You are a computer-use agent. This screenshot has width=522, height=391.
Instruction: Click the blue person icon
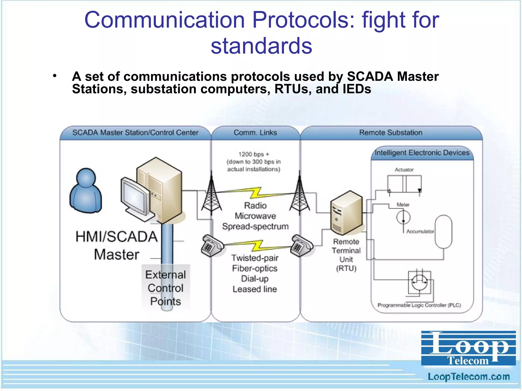[86, 191]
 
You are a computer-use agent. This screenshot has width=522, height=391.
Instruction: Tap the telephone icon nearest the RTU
[301, 246]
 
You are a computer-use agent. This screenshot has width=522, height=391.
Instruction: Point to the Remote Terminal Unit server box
[346, 213]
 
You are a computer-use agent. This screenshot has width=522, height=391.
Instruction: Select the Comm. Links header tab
[255, 133]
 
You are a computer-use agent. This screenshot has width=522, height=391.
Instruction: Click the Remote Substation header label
[390, 133]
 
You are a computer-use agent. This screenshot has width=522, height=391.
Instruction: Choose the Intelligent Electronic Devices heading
[422, 153]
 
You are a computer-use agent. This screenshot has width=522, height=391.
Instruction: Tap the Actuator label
[404, 170]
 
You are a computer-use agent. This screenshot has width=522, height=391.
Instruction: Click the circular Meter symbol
[403, 217]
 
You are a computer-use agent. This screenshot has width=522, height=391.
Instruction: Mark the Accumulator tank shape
[443, 232]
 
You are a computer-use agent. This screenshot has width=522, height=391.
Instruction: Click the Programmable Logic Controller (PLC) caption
[419, 305]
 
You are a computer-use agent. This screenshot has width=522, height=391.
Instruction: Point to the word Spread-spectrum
[255, 226]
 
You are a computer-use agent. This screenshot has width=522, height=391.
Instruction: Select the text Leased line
[255, 289]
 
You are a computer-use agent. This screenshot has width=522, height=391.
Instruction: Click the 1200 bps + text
[254, 154]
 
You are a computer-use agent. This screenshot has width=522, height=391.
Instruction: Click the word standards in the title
[261, 46]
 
